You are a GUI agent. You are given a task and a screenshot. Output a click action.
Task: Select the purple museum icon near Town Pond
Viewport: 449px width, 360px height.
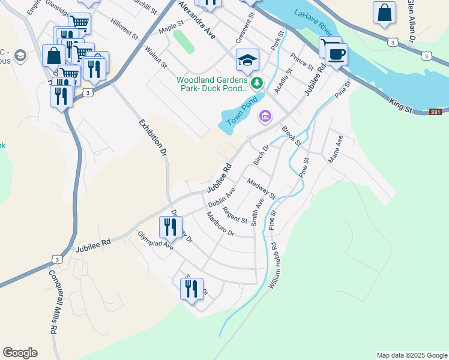[264, 116]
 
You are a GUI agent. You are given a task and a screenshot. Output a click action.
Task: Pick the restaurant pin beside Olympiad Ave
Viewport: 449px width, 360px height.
[170, 227]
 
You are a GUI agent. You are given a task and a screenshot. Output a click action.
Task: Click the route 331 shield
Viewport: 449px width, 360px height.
[436, 112]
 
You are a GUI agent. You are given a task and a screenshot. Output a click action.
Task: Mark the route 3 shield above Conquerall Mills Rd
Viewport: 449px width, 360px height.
[56, 259]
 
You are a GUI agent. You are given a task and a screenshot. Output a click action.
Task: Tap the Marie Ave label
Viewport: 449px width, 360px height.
[335, 149]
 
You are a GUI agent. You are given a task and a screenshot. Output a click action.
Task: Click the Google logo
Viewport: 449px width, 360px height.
[20, 353]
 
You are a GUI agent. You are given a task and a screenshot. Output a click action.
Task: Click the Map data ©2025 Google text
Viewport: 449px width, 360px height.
[411, 355]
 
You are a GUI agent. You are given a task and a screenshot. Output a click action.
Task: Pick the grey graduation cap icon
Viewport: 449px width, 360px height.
[20, 56]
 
